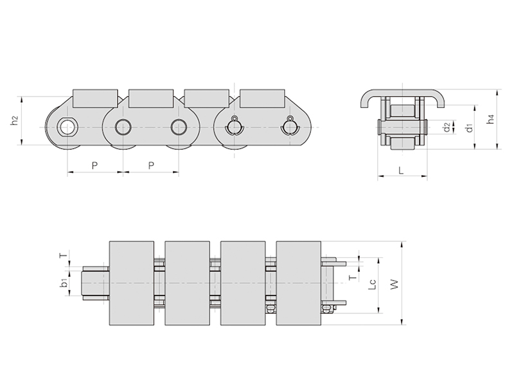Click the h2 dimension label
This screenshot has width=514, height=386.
pos(14,121)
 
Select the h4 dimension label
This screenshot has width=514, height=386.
pos(490,119)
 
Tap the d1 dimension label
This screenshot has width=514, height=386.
pos(469,127)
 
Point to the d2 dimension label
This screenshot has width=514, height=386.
pos(447,127)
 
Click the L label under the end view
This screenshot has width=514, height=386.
pos(401,170)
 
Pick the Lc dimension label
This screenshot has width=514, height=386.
pos(372,284)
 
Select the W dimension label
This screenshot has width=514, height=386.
pos(394,284)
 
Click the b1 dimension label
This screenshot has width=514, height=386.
pos(65,283)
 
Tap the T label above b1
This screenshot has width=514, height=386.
pos(64,255)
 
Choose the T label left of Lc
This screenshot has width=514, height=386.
pos(352,278)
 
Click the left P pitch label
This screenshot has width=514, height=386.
pos(94,165)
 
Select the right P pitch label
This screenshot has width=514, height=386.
pos(151,165)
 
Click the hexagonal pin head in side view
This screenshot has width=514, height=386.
pos(67,127)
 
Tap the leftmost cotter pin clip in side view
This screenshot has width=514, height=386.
pos(234,126)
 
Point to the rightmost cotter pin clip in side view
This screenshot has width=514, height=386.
pos(290,126)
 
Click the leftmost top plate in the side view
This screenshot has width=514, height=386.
pos(95,98)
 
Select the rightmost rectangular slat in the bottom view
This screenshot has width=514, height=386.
pos(298,283)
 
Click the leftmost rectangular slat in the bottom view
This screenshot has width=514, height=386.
pos(132,283)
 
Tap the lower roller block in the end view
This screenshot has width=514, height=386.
pos(402,143)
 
